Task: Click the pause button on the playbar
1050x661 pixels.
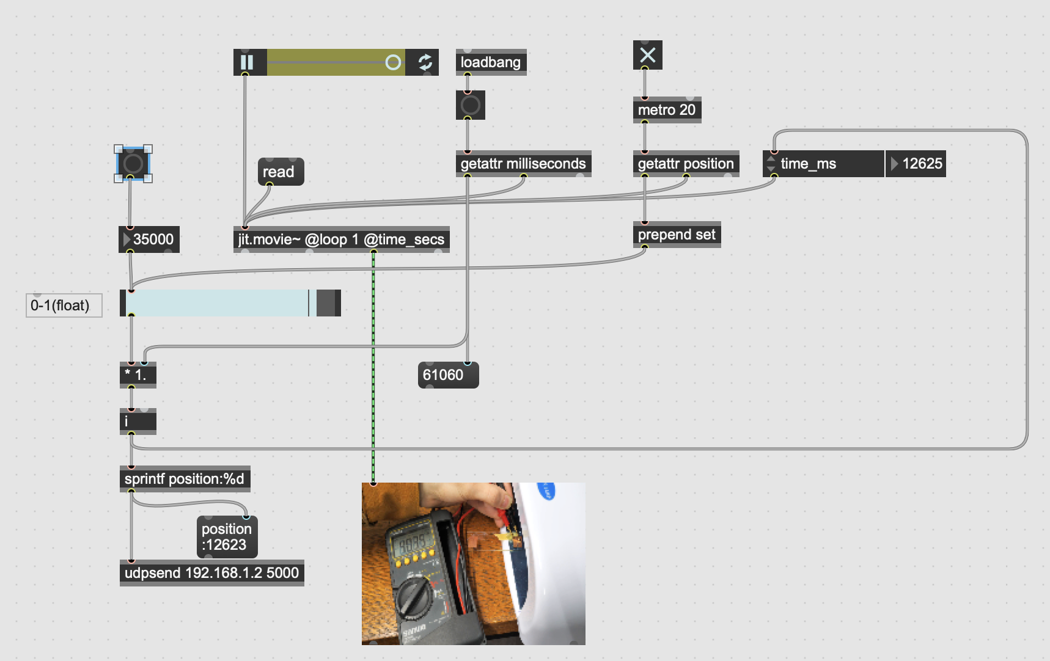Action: tap(247, 62)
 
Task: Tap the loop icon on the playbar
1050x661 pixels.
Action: tap(425, 62)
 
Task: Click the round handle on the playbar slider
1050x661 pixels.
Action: tap(394, 62)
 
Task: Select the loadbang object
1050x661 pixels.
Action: tap(490, 62)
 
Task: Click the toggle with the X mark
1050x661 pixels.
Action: tap(647, 56)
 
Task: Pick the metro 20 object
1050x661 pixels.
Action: tap(666, 110)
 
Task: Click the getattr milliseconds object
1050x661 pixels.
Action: tap(523, 164)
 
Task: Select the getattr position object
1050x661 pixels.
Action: tap(685, 164)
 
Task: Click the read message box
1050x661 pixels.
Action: tap(279, 172)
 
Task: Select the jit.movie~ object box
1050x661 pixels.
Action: tap(341, 239)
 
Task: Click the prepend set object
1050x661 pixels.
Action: tap(676, 235)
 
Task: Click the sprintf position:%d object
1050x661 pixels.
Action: tap(184, 479)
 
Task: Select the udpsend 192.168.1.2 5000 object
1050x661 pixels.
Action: tap(211, 573)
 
